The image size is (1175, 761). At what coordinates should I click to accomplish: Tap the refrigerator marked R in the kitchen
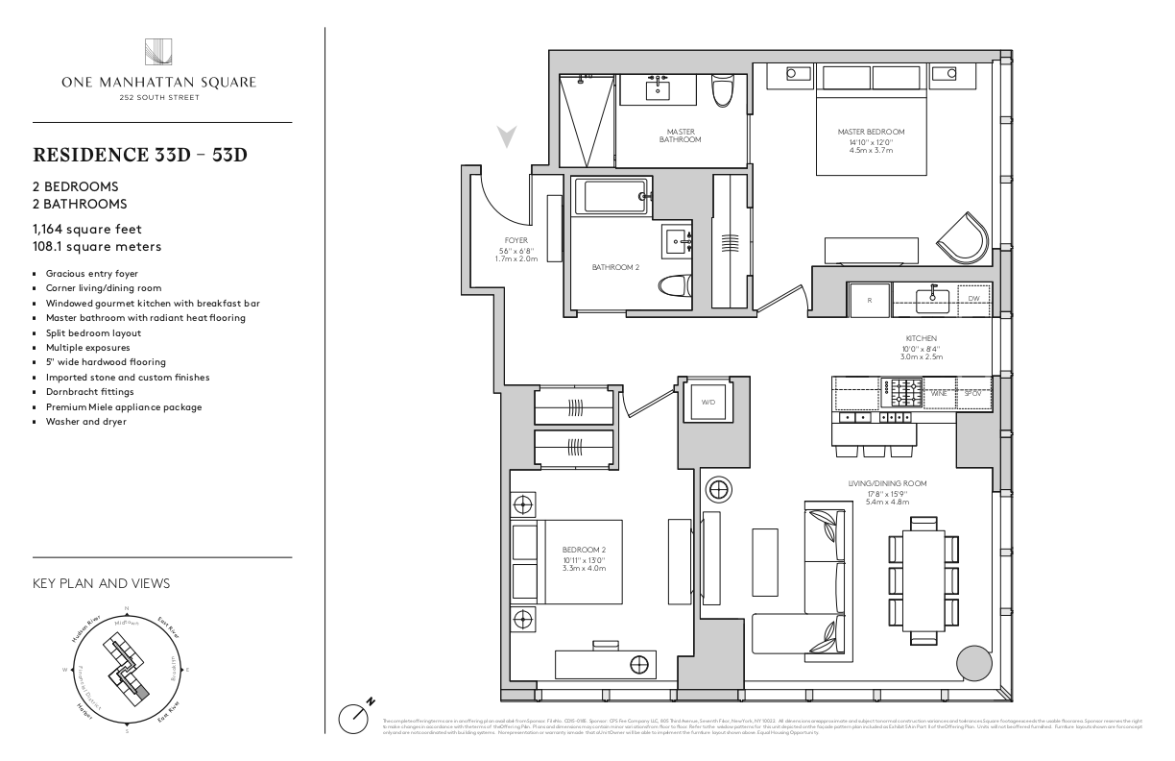(x=869, y=300)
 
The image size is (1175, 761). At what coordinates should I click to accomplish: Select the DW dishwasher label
(x=972, y=300)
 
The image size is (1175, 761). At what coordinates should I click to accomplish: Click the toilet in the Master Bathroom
(x=722, y=92)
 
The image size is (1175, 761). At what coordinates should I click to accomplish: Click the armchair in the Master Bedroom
(x=964, y=236)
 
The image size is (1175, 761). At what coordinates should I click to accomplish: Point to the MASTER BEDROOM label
(x=871, y=133)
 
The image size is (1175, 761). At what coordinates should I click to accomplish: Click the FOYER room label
(x=516, y=240)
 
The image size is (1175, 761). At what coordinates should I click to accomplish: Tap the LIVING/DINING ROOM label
(x=887, y=483)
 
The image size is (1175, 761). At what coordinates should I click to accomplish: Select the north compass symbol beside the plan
(x=356, y=715)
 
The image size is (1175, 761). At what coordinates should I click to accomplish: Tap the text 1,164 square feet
(x=87, y=229)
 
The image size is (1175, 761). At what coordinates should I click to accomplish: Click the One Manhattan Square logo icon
(x=158, y=52)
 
